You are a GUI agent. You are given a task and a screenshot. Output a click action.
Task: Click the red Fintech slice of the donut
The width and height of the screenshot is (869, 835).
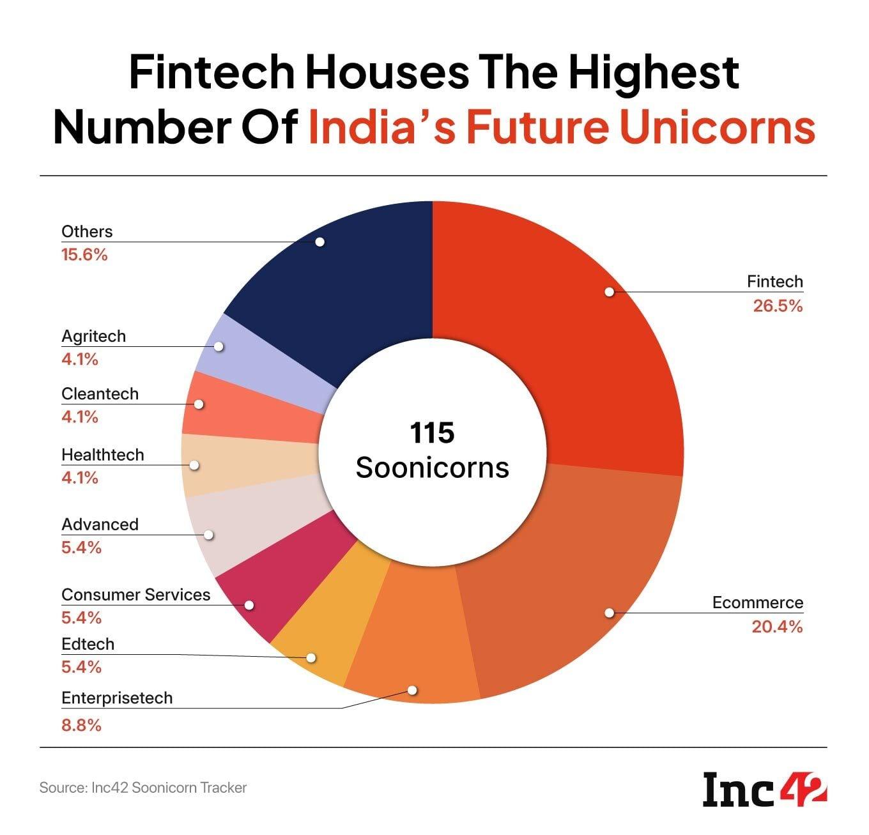coord(575,332)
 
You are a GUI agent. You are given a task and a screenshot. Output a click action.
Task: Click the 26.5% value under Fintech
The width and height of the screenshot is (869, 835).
coord(777,306)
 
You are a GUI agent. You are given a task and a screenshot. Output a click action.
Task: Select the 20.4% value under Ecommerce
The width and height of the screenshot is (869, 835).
coord(776,627)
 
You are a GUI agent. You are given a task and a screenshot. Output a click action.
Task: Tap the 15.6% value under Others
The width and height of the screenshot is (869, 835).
coord(84,256)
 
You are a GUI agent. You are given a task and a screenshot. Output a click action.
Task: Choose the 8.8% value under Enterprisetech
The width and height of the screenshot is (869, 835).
coord(81,725)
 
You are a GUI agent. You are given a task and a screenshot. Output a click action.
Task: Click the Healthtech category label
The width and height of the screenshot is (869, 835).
coord(103,455)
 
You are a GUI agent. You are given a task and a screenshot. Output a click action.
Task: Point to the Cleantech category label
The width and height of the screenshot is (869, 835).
coord(100,394)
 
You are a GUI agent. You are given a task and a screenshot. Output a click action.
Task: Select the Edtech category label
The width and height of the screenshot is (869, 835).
coord(88,644)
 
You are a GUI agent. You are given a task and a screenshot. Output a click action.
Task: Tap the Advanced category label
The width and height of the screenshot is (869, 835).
coord(100,525)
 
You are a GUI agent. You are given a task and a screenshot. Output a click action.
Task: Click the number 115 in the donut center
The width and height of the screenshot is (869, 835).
coord(432,433)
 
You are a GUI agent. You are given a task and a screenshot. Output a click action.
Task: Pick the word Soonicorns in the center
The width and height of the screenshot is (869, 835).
coord(432,468)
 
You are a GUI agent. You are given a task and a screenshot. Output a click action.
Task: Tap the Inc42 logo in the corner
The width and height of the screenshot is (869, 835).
coord(764,790)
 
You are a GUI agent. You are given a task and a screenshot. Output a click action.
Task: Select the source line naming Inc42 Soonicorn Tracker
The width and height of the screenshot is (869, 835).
coord(143,788)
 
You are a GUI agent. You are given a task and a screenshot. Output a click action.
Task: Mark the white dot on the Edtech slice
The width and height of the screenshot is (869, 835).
coord(311,657)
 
